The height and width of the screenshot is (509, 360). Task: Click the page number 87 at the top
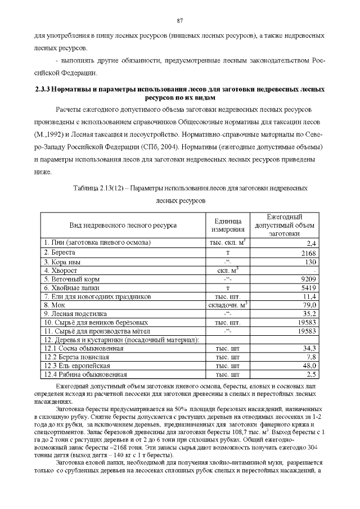click(x=180, y=21)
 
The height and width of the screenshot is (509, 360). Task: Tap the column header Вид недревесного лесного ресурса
click(x=123, y=225)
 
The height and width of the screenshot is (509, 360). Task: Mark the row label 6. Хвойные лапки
click(x=70, y=287)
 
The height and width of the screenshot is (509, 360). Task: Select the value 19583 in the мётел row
click(x=308, y=331)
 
